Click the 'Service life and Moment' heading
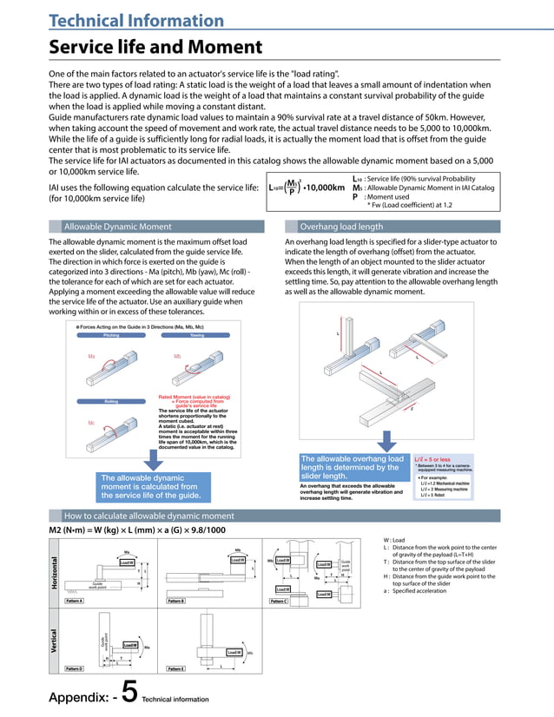click(155, 47)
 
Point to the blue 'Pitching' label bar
click(111, 334)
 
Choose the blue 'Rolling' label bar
click(111, 401)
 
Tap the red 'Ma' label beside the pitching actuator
click(91, 357)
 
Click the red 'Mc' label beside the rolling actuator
click(91, 423)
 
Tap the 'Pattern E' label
click(178, 668)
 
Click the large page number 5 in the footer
click(128, 692)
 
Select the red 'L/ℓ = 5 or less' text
click(433, 458)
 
